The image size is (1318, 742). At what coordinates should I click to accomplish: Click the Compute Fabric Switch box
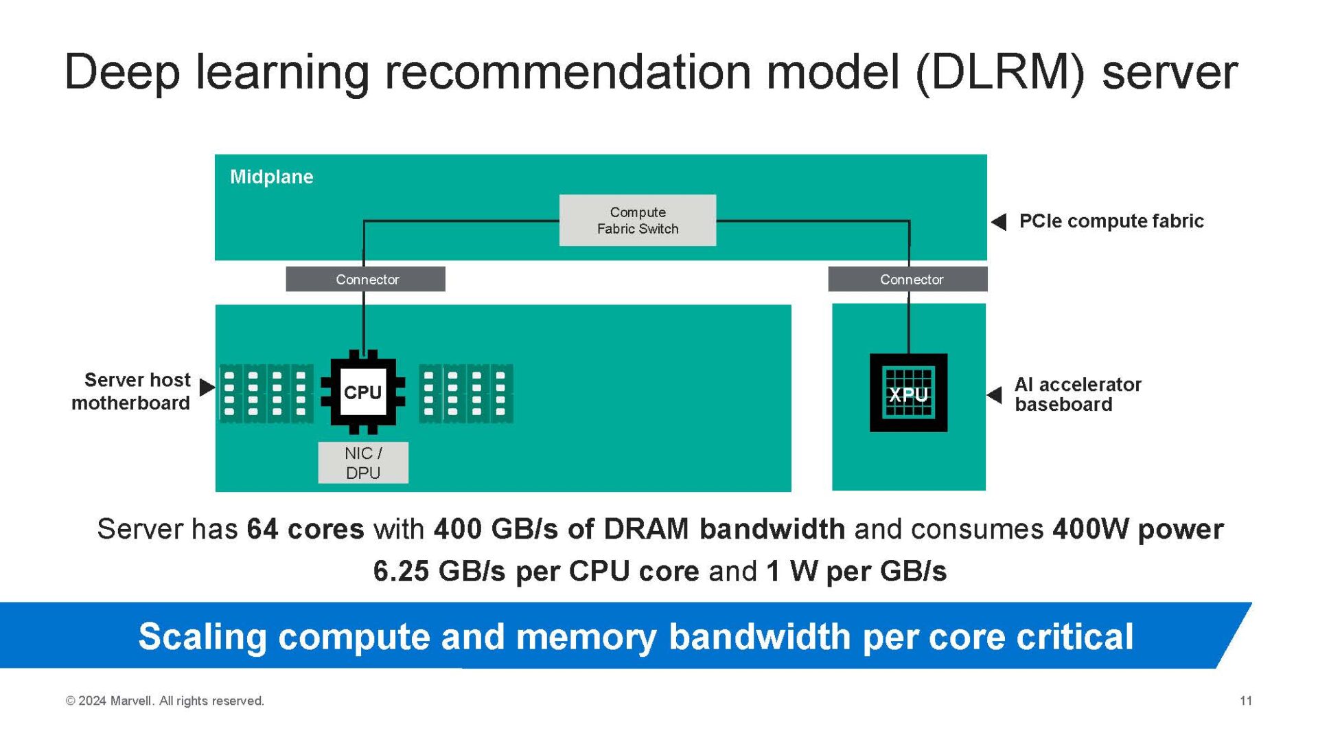[637, 221]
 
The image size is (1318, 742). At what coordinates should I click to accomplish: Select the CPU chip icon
[362, 392]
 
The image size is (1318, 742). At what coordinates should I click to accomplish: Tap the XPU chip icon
[908, 393]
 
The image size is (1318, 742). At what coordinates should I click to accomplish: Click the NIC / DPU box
[363, 463]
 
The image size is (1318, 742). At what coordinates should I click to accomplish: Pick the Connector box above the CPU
[366, 280]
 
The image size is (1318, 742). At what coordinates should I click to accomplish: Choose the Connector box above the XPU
[907, 280]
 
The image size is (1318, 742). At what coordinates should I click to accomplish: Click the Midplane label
[271, 177]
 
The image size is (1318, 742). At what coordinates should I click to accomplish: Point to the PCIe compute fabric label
[1111, 221]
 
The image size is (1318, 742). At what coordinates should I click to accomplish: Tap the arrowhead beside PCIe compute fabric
[999, 222]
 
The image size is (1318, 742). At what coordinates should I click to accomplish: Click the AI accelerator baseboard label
[1077, 394]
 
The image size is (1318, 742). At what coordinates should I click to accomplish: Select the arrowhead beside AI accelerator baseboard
[995, 395]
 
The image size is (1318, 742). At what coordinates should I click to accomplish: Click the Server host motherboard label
[132, 392]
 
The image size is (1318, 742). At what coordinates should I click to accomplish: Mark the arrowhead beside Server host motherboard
[207, 387]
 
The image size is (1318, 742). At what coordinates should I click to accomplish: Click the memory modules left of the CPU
[266, 394]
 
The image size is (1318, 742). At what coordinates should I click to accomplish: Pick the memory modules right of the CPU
[466, 394]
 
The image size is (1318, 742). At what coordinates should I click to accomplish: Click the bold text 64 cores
[305, 530]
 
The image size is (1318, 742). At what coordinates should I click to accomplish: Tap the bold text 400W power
[1137, 530]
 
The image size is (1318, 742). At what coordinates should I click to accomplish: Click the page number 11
[1245, 701]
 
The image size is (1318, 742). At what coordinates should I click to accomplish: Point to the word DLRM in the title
[999, 73]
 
